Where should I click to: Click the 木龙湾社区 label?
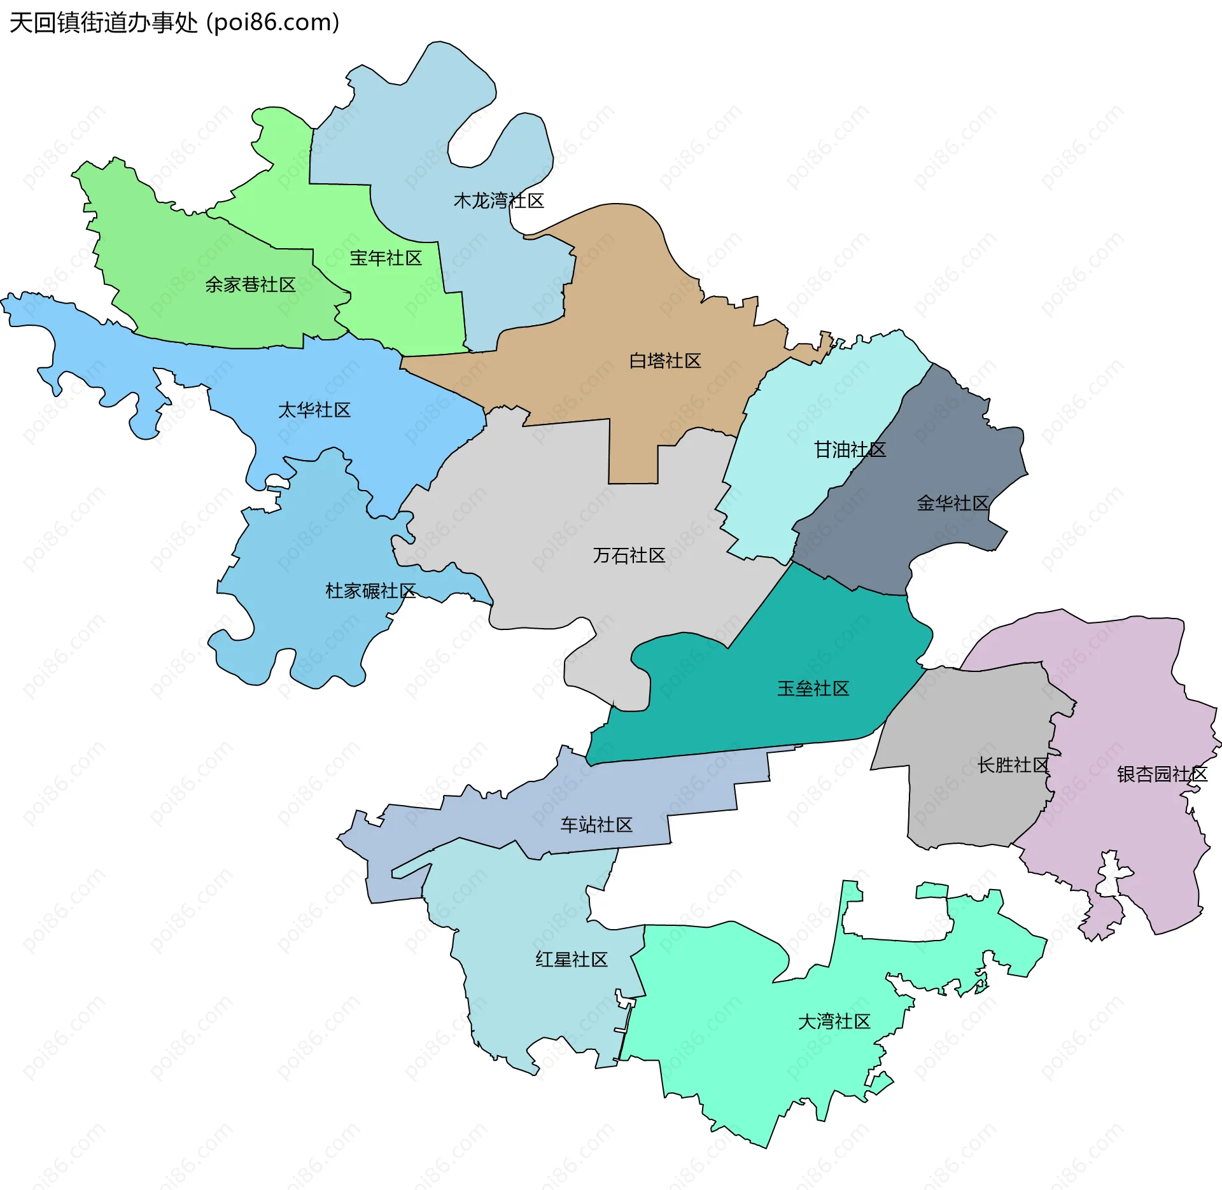click(x=498, y=201)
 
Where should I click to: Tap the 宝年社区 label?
click(x=386, y=258)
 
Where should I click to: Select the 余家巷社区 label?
click(x=250, y=284)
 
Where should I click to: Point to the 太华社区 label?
click(x=314, y=410)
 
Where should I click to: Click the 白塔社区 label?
click(x=664, y=361)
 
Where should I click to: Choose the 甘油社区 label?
click(x=850, y=450)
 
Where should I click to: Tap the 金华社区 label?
click(x=952, y=503)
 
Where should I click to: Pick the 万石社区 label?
click(x=629, y=556)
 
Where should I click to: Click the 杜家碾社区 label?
click(x=370, y=591)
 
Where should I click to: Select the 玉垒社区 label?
click(x=813, y=689)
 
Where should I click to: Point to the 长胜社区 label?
click(x=1013, y=765)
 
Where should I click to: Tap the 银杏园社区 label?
click(x=1162, y=774)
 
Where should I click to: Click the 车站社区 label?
click(x=596, y=825)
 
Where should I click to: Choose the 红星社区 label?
click(x=571, y=960)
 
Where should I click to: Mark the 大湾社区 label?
click(x=834, y=1021)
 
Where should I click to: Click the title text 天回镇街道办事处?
click(x=104, y=23)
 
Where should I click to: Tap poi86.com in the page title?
click(x=273, y=23)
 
